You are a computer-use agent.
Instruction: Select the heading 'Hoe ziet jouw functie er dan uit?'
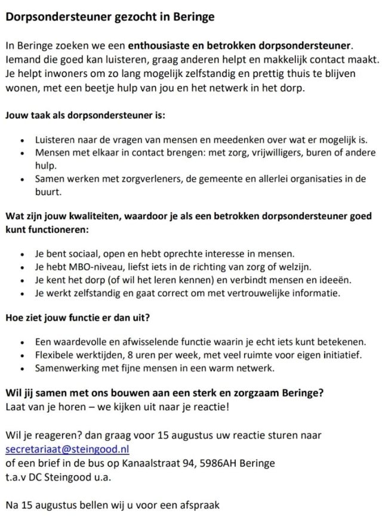pos(77,318)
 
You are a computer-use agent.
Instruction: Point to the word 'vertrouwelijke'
pos(274,293)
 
